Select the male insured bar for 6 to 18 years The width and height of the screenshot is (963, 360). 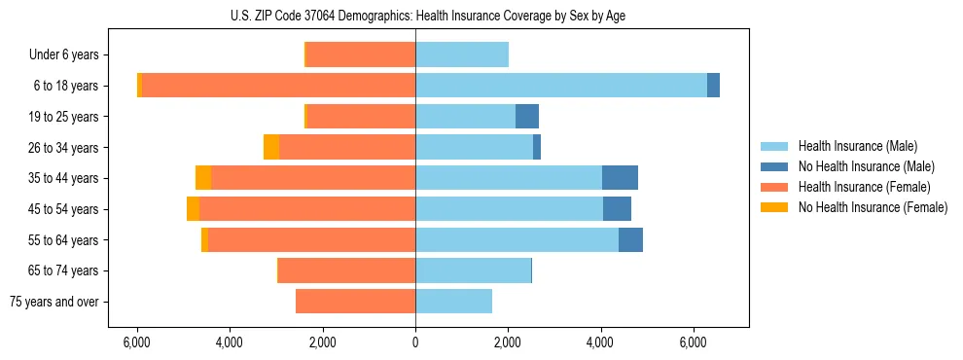point(561,86)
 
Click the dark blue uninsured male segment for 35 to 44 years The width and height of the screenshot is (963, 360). point(620,178)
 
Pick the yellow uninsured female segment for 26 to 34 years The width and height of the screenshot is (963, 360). point(271,147)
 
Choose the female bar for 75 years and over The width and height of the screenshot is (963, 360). point(355,302)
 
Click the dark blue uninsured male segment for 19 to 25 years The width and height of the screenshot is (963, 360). point(526,117)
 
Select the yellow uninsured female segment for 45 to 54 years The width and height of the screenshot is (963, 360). point(193,209)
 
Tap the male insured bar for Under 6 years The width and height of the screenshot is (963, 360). point(462,54)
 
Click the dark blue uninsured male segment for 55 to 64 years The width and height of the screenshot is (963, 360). point(630,239)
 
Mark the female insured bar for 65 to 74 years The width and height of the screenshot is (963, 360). point(347,270)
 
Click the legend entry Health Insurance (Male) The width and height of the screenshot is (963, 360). point(857,146)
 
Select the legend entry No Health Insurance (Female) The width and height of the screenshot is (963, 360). point(873,207)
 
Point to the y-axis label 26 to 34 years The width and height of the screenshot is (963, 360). point(63,148)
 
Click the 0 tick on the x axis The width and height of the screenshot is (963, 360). point(415,342)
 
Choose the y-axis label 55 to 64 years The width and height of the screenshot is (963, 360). point(63,240)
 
